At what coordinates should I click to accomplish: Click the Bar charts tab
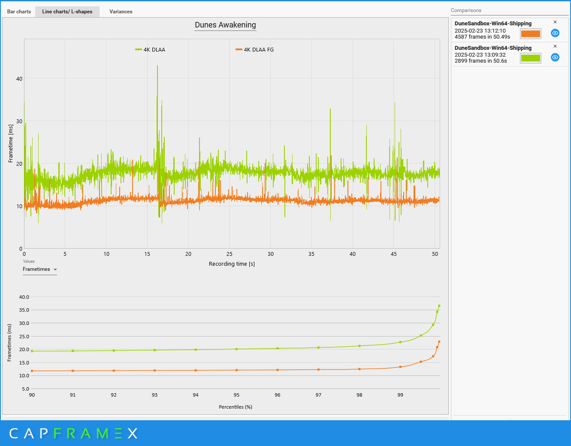(x=19, y=12)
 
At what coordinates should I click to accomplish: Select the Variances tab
(x=121, y=12)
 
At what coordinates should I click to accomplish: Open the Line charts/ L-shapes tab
(x=67, y=12)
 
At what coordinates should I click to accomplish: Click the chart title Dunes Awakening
(x=225, y=25)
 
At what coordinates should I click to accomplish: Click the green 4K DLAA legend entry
(x=150, y=50)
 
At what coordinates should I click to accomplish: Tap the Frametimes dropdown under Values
(x=40, y=270)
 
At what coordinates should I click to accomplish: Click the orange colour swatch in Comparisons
(x=530, y=33)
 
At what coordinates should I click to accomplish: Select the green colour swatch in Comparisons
(x=530, y=58)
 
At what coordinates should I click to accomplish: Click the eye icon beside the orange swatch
(x=555, y=33)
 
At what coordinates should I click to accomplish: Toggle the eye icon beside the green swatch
(x=555, y=58)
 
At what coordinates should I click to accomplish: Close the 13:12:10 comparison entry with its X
(x=555, y=22)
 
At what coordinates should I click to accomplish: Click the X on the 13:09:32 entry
(x=555, y=46)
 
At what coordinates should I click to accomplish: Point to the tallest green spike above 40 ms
(x=157, y=67)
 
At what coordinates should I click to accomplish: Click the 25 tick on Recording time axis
(x=230, y=254)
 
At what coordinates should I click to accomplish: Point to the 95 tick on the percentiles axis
(x=236, y=395)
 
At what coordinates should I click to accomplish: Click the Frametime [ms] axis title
(x=11, y=143)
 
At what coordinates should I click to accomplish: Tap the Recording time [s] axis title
(x=232, y=264)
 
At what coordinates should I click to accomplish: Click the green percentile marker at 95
(x=236, y=349)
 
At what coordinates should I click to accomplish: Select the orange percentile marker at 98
(x=360, y=369)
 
